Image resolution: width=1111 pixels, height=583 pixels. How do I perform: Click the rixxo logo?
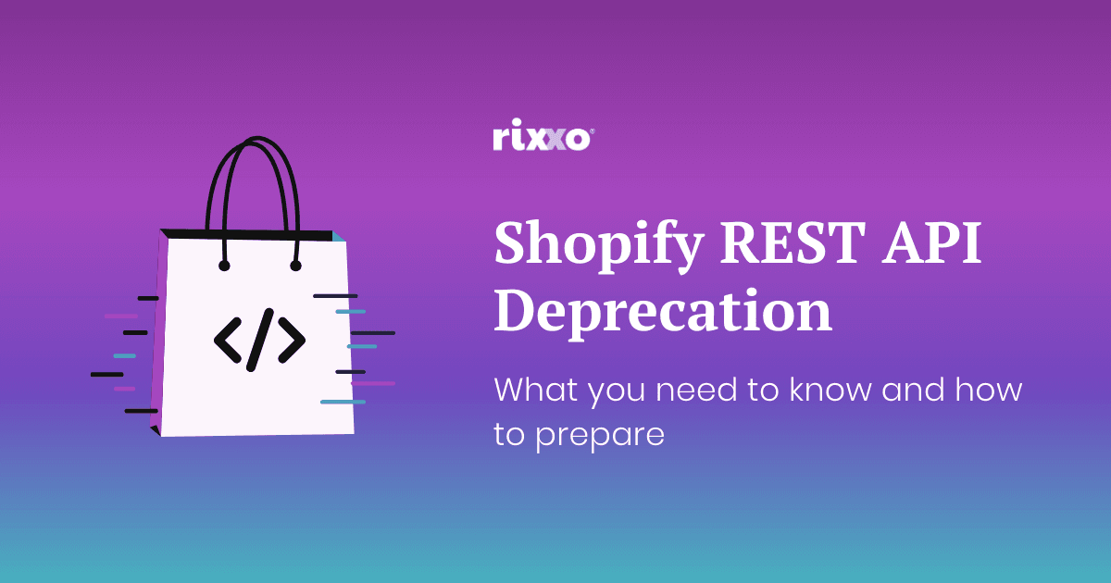click(x=542, y=139)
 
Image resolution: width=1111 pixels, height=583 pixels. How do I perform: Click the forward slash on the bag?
click(x=260, y=340)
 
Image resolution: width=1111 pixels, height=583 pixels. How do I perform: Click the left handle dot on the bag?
click(x=224, y=266)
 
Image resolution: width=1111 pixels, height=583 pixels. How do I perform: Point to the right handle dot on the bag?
click(x=295, y=266)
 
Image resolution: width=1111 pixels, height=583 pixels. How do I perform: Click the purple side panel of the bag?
click(x=156, y=333)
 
